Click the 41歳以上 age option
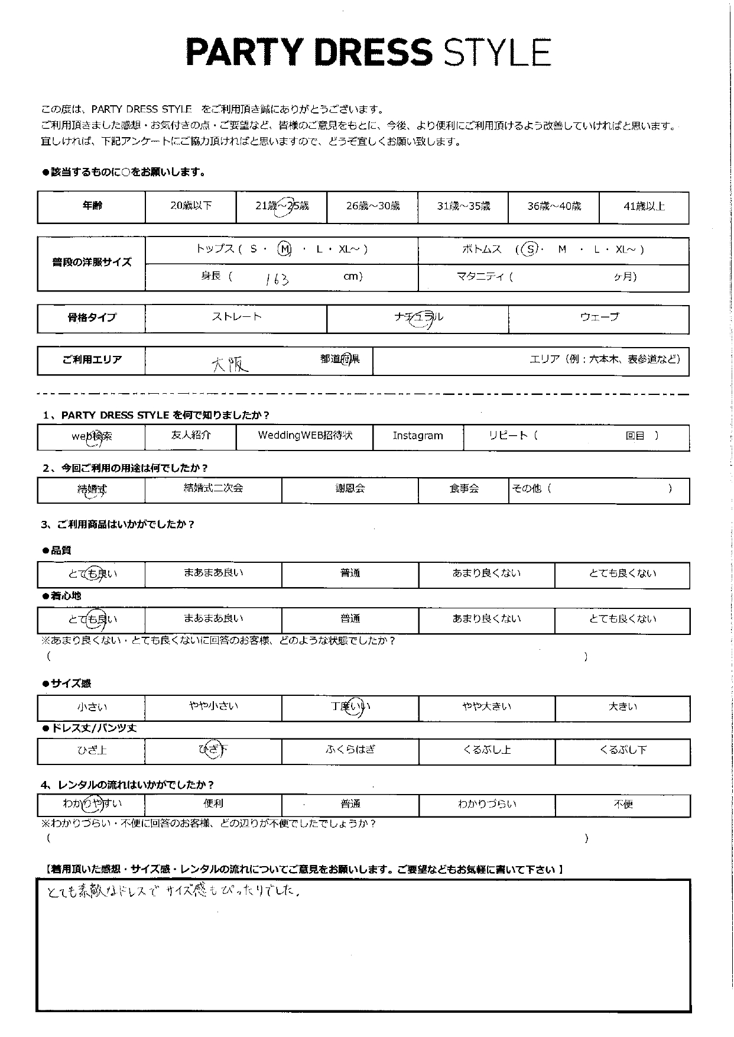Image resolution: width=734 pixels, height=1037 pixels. point(644,206)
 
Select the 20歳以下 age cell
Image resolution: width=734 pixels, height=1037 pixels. point(190,206)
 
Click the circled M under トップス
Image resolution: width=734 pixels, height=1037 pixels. point(285,249)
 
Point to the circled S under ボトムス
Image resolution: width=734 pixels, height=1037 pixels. point(530,249)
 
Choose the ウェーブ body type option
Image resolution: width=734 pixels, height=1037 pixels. point(599,317)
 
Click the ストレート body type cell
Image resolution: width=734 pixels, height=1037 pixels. point(236,317)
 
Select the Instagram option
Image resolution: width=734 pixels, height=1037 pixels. point(418,436)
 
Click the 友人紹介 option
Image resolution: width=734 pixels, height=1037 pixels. point(190,435)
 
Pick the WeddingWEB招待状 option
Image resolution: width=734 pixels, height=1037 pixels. point(305,436)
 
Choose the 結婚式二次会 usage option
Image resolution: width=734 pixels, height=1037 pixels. point(213,488)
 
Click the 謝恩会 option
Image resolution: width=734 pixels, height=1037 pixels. point(350,489)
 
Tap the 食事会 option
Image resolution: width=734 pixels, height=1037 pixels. point(464,489)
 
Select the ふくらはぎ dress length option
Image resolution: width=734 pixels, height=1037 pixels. point(350,750)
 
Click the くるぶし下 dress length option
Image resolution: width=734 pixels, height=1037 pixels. point(623,750)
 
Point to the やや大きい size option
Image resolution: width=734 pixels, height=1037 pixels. point(486,707)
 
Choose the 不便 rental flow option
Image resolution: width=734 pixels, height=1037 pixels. point(623,804)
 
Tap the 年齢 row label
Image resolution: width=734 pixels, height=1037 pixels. point(92,206)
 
